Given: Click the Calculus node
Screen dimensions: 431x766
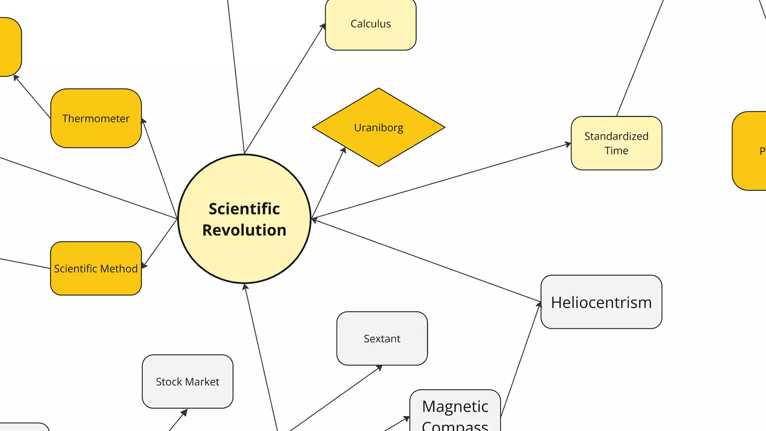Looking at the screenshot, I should [x=371, y=24].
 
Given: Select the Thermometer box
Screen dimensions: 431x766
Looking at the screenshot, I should [x=96, y=119].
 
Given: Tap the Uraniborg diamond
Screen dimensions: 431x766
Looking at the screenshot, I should [x=379, y=127].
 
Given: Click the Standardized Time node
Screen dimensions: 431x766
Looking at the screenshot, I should [x=616, y=143].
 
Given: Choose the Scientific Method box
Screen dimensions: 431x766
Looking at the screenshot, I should [x=96, y=269].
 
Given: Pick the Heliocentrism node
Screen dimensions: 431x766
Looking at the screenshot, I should [x=601, y=302].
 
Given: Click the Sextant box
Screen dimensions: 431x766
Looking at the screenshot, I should [x=382, y=338].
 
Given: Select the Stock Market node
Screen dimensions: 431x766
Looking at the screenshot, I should [x=188, y=382].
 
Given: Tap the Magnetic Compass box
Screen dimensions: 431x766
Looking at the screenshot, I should [x=455, y=411].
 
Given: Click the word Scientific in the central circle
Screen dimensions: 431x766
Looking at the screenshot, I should [x=244, y=209].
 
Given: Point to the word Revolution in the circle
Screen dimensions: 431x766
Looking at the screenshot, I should [x=244, y=230].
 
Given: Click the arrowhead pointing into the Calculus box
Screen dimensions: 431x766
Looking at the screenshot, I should [x=323, y=26].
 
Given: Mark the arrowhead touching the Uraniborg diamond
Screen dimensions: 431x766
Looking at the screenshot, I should [x=344, y=150].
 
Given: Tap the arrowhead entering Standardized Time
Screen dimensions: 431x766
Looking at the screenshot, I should [x=568, y=144].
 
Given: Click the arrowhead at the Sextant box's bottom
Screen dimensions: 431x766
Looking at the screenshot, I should [x=379, y=368].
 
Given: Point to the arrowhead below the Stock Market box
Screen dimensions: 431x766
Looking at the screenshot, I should [x=184, y=412].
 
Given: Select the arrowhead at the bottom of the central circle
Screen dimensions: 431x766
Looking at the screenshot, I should [x=245, y=287].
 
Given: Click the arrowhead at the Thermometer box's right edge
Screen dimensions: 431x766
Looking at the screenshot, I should [x=144, y=121].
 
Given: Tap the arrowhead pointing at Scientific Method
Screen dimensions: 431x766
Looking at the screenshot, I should [x=144, y=265].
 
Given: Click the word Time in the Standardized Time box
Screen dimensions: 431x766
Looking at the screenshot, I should [x=616, y=151].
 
